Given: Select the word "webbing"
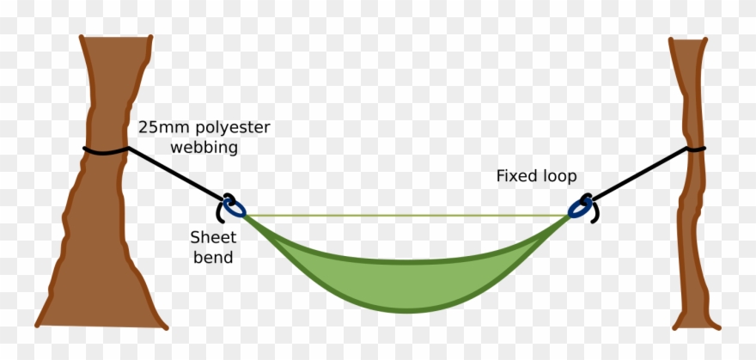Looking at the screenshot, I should coord(204,147).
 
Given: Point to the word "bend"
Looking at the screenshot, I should coord(212,257).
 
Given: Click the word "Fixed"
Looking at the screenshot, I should coord(515,176).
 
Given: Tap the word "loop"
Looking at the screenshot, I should coord(558,176).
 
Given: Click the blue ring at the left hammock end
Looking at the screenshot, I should coord(233,206).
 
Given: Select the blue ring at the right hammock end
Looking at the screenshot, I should coord(582,207).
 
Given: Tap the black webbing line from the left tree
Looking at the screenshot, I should coord(176,176).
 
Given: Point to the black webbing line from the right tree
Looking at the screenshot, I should coord(640,176).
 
